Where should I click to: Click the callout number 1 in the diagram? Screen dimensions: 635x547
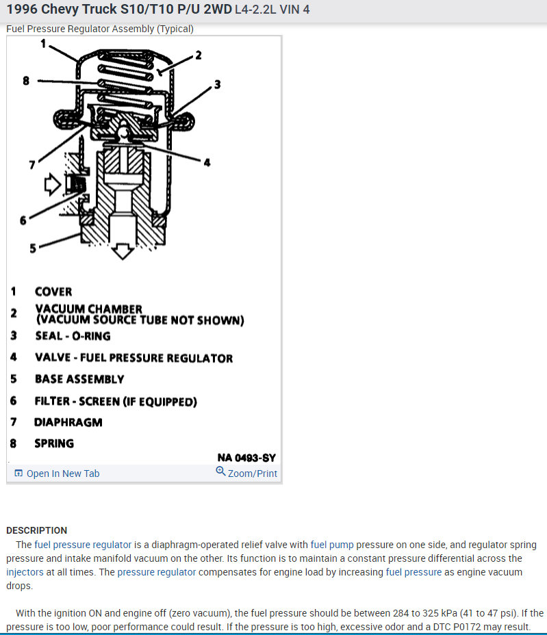point(42,42)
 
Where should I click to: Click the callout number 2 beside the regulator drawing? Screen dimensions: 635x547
point(198,55)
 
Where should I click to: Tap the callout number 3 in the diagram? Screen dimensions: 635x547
point(217,85)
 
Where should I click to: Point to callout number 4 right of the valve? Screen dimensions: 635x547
point(206,162)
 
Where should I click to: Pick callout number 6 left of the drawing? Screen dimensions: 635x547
point(23,220)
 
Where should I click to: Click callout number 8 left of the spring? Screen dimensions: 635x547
point(26,81)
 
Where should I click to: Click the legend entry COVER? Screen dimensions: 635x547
point(53,292)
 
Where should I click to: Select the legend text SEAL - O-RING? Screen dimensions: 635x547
point(72,336)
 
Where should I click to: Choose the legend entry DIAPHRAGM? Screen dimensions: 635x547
point(68,422)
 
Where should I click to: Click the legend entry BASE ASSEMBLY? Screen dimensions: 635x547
point(79,379)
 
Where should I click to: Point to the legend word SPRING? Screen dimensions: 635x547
point(54,443)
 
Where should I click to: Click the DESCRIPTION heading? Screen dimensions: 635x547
point(36,530)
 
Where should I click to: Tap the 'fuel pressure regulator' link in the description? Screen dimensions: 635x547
point(82,545)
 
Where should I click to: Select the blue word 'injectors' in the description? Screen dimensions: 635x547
point(25,572)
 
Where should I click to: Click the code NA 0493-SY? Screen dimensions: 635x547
point(246,458)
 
